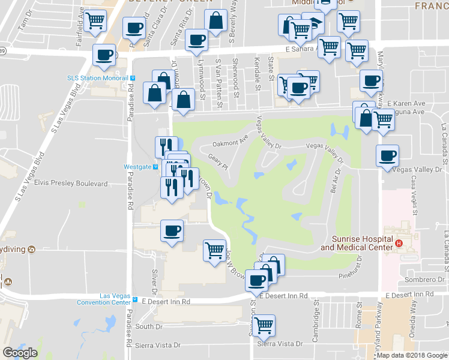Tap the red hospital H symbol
[x=399, y=243]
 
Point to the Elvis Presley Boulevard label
[x=71, y=183]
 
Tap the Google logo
[x=20, y=353]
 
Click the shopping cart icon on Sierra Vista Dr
[x=264, y=326]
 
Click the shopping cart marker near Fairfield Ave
[x=95, y=21]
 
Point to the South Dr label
[x=146, y=326]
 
